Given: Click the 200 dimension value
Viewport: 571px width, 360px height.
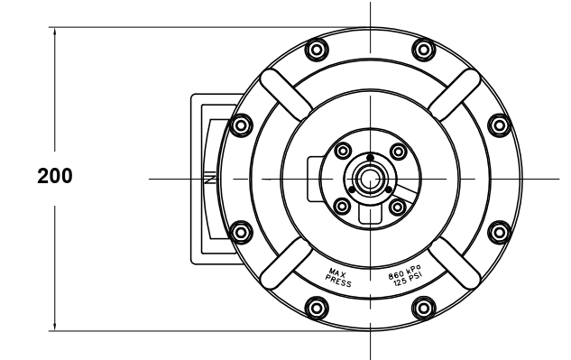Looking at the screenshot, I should pyautogui.click(x=55, y=176).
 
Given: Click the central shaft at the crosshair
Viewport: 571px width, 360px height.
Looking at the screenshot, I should pyautogui.click(x=369, y=179).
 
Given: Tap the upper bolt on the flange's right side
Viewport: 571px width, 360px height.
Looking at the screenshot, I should pyautogui.click(x=498, y=125).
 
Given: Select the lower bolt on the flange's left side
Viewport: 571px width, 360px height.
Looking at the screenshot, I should pyautogui.click(x=241, y=233).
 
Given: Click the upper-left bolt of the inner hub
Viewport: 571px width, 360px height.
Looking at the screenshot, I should pyautogui.click(x=343, y=152).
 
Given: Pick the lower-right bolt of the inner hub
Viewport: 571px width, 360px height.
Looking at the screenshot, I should pyautogui.click(x=397, y=207).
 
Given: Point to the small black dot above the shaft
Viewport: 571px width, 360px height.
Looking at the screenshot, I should pyautogui.click(x=370, y=158).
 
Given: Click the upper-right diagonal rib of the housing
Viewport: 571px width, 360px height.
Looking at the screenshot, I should pyautogui.click(x=454, y=93).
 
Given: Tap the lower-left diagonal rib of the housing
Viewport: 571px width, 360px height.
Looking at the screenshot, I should pyautogui.click(x=285, y=263).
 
